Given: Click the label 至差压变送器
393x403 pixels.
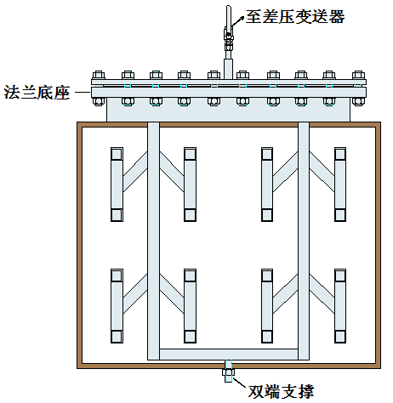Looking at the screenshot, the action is click(295, 16).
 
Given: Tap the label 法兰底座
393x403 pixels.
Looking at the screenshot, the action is click(37, 92).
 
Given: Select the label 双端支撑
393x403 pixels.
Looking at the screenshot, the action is click(281, 391).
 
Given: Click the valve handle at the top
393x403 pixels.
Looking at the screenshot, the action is click(229, 16).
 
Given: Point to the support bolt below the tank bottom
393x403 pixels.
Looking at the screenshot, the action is click(229, 372).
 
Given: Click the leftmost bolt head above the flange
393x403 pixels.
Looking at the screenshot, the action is click(99, 75).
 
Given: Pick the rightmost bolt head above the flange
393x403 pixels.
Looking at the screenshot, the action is click(358, 75).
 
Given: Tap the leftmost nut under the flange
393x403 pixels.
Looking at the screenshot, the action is click(99, 101).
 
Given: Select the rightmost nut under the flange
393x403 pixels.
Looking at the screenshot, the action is click(358, 101).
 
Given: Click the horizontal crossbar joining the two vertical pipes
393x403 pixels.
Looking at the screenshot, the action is click(229, 355).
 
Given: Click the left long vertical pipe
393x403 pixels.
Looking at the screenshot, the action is click(153, 241).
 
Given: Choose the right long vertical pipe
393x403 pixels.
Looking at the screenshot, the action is click(304, 241).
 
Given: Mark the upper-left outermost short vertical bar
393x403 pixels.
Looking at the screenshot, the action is click(117, 184).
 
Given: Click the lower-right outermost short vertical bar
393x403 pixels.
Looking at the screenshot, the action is click(340, 306).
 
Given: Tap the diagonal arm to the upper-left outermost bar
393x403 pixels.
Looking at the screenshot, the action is click(135, 172).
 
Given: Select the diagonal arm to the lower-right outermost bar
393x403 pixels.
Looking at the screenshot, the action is click(322, 293).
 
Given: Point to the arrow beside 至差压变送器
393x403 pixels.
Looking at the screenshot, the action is click(238, 21).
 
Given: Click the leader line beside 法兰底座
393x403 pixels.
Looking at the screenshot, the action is click(82, 92).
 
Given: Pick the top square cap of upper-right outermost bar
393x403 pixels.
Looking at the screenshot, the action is click(340, 154).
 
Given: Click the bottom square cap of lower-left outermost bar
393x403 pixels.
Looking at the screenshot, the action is click(117, 337).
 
